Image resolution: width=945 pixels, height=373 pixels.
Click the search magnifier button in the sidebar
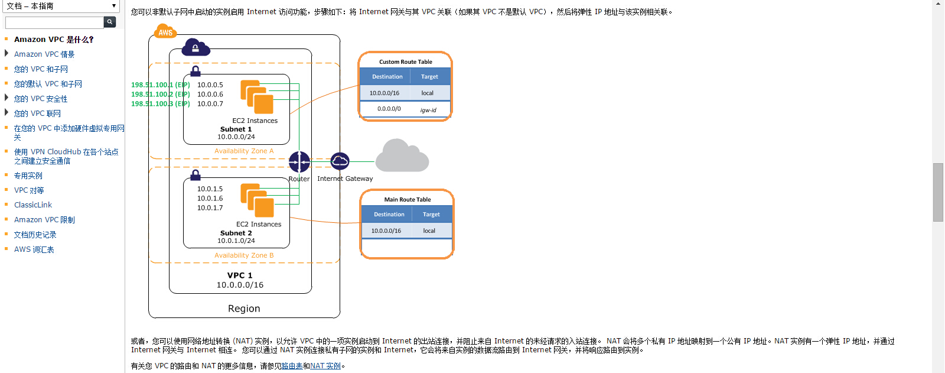coord(110,22)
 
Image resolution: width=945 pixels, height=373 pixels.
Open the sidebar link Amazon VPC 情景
coord(44,54)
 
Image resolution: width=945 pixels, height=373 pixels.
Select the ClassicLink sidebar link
coord(33,205)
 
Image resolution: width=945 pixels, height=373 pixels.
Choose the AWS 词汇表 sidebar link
coord(34,249)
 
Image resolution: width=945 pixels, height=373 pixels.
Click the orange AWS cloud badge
coord(165,32)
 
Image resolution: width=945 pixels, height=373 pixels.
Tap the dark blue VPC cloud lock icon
coord(195,47)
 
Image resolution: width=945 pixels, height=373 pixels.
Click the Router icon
coord(299,161)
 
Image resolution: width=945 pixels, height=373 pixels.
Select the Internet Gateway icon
coord(340,161)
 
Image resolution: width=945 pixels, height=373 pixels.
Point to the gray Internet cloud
coord(402,156)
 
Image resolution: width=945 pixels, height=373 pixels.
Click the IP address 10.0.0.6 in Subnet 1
coord(210,95)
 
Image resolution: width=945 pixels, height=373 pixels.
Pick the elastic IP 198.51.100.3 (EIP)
coord(161,104)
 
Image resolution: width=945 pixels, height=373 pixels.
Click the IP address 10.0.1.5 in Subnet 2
coord(210,189)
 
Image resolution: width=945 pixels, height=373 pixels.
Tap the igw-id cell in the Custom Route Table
coord(428,110)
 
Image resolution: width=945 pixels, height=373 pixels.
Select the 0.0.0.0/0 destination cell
coord(389,109)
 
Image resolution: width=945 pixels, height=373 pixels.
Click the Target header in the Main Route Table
coord(431,215)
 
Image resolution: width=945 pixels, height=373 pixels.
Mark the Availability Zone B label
coord(244,255)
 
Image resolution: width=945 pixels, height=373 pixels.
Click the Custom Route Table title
coord(406,62)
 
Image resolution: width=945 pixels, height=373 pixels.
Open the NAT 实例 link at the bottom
coord(325,366)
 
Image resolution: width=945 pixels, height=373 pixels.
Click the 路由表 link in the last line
coord(292,366)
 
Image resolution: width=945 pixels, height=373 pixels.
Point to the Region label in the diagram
coord(244,309)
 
